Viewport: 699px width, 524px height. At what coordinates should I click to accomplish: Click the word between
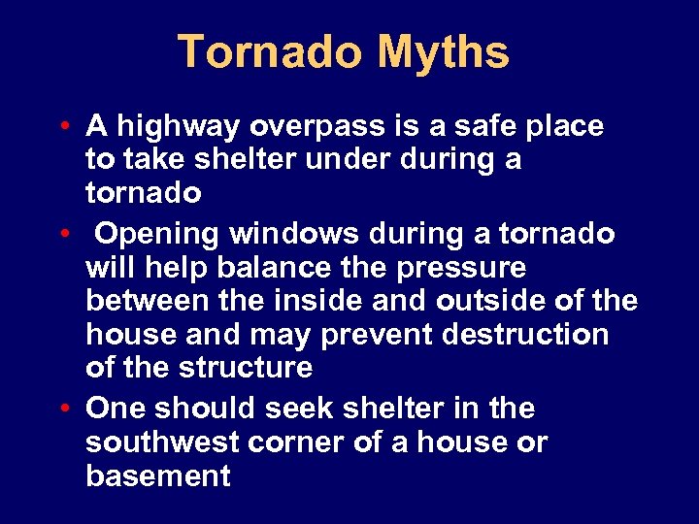147,300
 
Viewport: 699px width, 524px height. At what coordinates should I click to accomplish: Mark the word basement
157,476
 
